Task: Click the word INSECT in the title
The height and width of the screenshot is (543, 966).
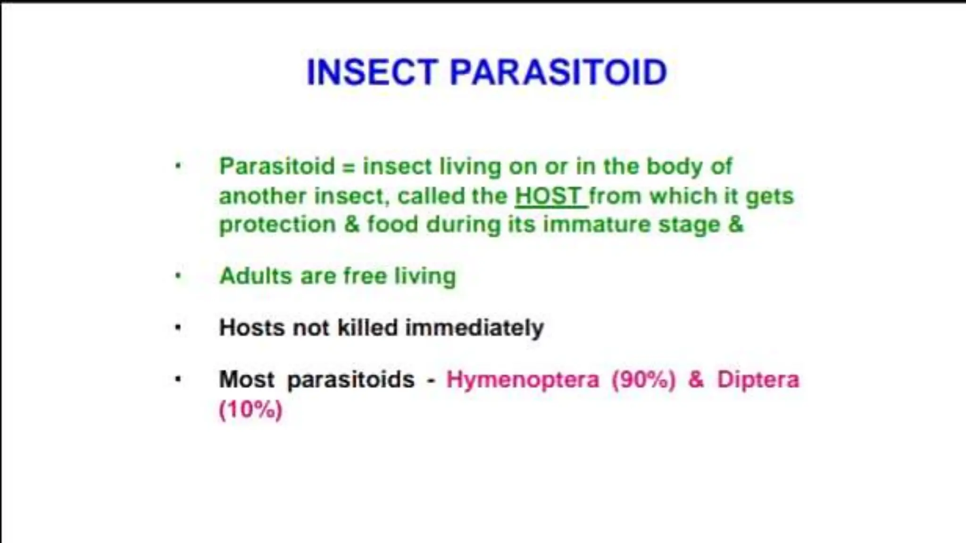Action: (372, 72)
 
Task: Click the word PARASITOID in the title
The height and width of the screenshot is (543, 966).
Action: (558, 72)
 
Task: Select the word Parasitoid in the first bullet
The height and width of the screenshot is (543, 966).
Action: (277, 166)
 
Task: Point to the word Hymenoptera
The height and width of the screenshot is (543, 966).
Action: (523, 379)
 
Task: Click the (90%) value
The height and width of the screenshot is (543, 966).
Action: (643, 379)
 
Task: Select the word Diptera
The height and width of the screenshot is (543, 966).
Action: (758, 379)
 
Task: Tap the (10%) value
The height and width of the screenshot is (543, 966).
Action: (250, 409)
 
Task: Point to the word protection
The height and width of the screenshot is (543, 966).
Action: (277, 225)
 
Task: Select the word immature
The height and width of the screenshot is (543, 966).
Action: (597, 224)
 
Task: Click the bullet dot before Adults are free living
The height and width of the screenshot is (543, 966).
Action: (178, 276)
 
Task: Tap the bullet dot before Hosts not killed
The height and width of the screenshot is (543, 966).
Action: (178, 328)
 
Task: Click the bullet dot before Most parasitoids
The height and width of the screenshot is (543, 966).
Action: (178, 379)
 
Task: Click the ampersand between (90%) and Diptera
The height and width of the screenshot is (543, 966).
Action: (696, 379)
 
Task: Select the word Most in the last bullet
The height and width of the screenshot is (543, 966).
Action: (246, 379)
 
